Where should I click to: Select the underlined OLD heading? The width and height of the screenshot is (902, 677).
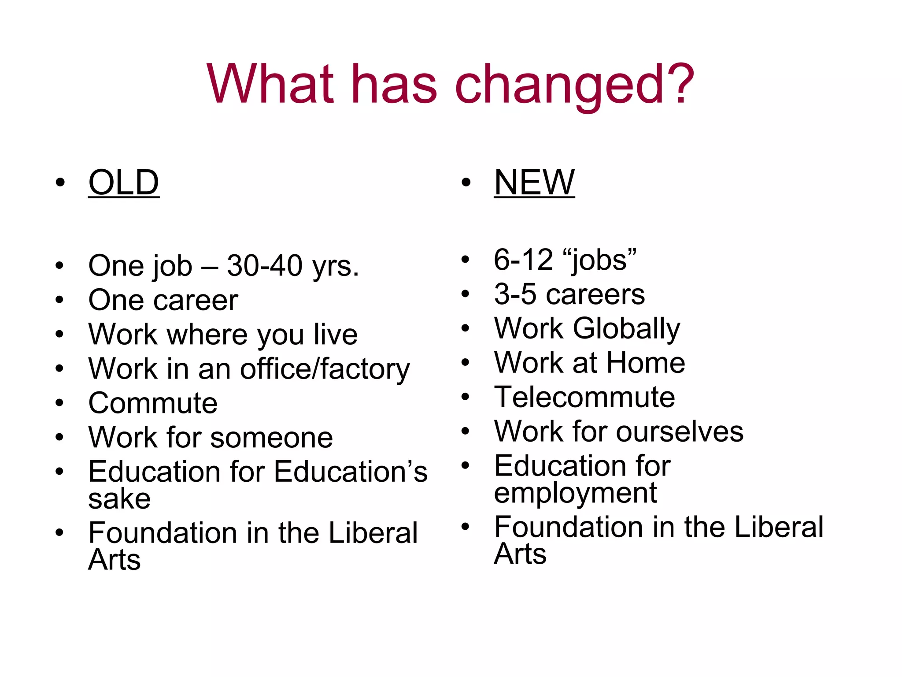point(124,182)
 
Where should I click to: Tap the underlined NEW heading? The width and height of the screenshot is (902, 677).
point(534,182)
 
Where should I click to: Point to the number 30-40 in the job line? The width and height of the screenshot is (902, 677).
point(265,266)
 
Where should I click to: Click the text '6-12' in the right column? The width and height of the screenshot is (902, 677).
point(523,260)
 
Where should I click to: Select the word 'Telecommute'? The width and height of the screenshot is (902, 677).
point(584,397)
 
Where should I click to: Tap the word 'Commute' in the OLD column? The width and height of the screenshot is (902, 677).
point(153,403)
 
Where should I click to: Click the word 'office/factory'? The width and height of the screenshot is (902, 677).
point(325,369)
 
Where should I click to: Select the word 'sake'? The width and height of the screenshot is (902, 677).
point(119,499)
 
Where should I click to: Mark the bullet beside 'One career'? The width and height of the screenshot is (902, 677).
point(60,300)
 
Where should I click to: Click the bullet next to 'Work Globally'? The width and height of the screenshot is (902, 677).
point(466,328)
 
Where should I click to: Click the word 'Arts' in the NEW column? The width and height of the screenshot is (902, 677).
point(520,554)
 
